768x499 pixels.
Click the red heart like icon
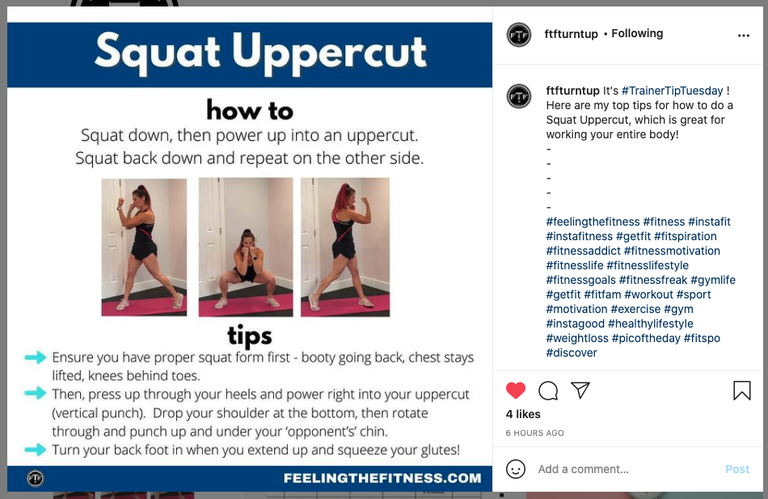point(515,390)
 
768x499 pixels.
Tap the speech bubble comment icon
point(548,391)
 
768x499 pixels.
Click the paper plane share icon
point(580,390)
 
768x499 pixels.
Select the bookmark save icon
point(741,391)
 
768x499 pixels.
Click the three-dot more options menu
point(744,36)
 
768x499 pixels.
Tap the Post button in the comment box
point(737,469)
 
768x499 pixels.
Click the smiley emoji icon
point(515,469)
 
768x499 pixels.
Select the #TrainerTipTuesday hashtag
point(672,91)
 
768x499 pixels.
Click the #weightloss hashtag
point(577,338)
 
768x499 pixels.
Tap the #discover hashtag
point(572,353)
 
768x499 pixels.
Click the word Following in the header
point(637,33)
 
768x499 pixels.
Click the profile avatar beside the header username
point(519,35)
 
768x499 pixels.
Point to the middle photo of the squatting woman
point(246,247)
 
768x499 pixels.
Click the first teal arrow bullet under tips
point(36,357)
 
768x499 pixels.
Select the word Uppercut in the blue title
point(329,53)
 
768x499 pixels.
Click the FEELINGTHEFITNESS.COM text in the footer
point(382,478)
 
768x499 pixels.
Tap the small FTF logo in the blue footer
point(36,478)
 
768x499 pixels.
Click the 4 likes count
point(523,414)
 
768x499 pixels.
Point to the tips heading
point(249,336)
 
